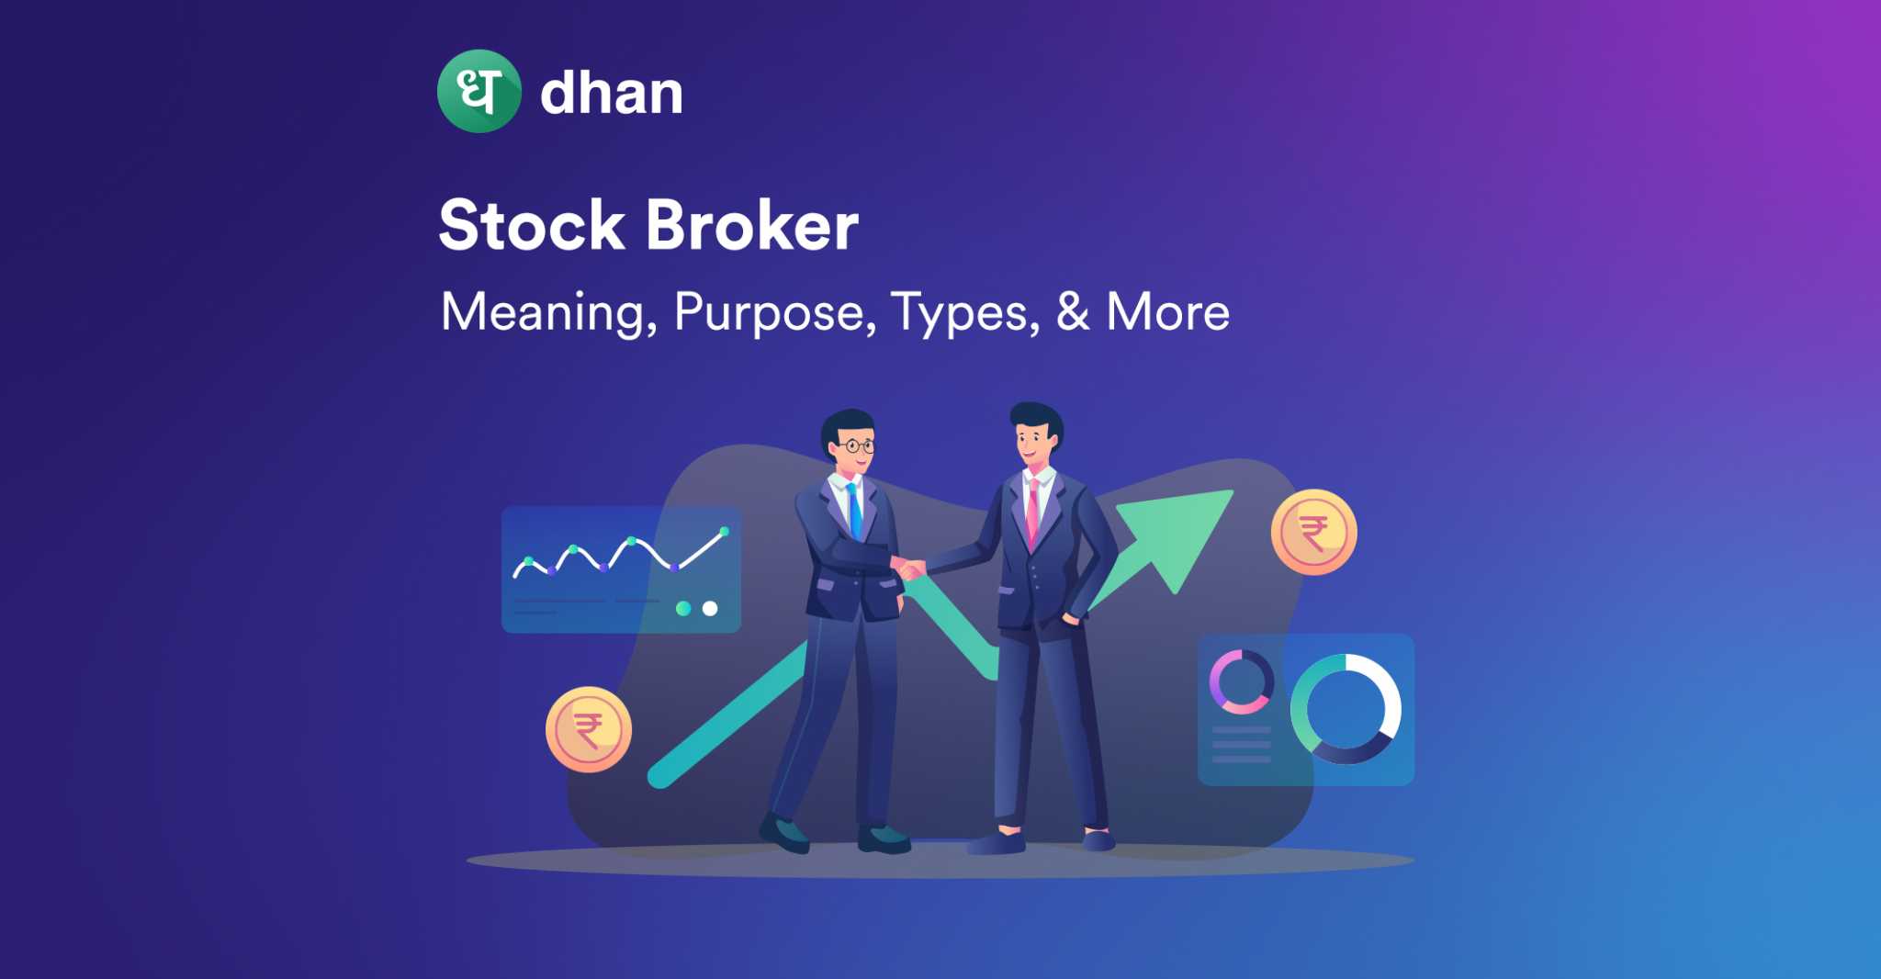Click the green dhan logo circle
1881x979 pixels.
coord(479,91)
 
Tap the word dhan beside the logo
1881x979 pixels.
coord(612,93)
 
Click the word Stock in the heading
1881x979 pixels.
coord(532,225)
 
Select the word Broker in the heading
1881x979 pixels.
coord(752,225)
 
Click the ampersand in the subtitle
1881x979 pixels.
coord(1073,311)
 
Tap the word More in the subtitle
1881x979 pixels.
coord(1168,311)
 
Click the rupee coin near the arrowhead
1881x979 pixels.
coord(1313,533)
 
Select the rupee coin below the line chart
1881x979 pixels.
coord(589,730)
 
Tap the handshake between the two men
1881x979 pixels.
coord(908,568)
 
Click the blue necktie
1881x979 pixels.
coord(855,512)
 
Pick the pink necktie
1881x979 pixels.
coord(1032,512)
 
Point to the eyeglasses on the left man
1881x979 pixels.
coord(855,446)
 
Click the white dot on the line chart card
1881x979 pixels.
coord(710,608)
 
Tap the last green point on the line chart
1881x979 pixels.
coord(725,531)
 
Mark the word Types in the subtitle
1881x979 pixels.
coord(965,314)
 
